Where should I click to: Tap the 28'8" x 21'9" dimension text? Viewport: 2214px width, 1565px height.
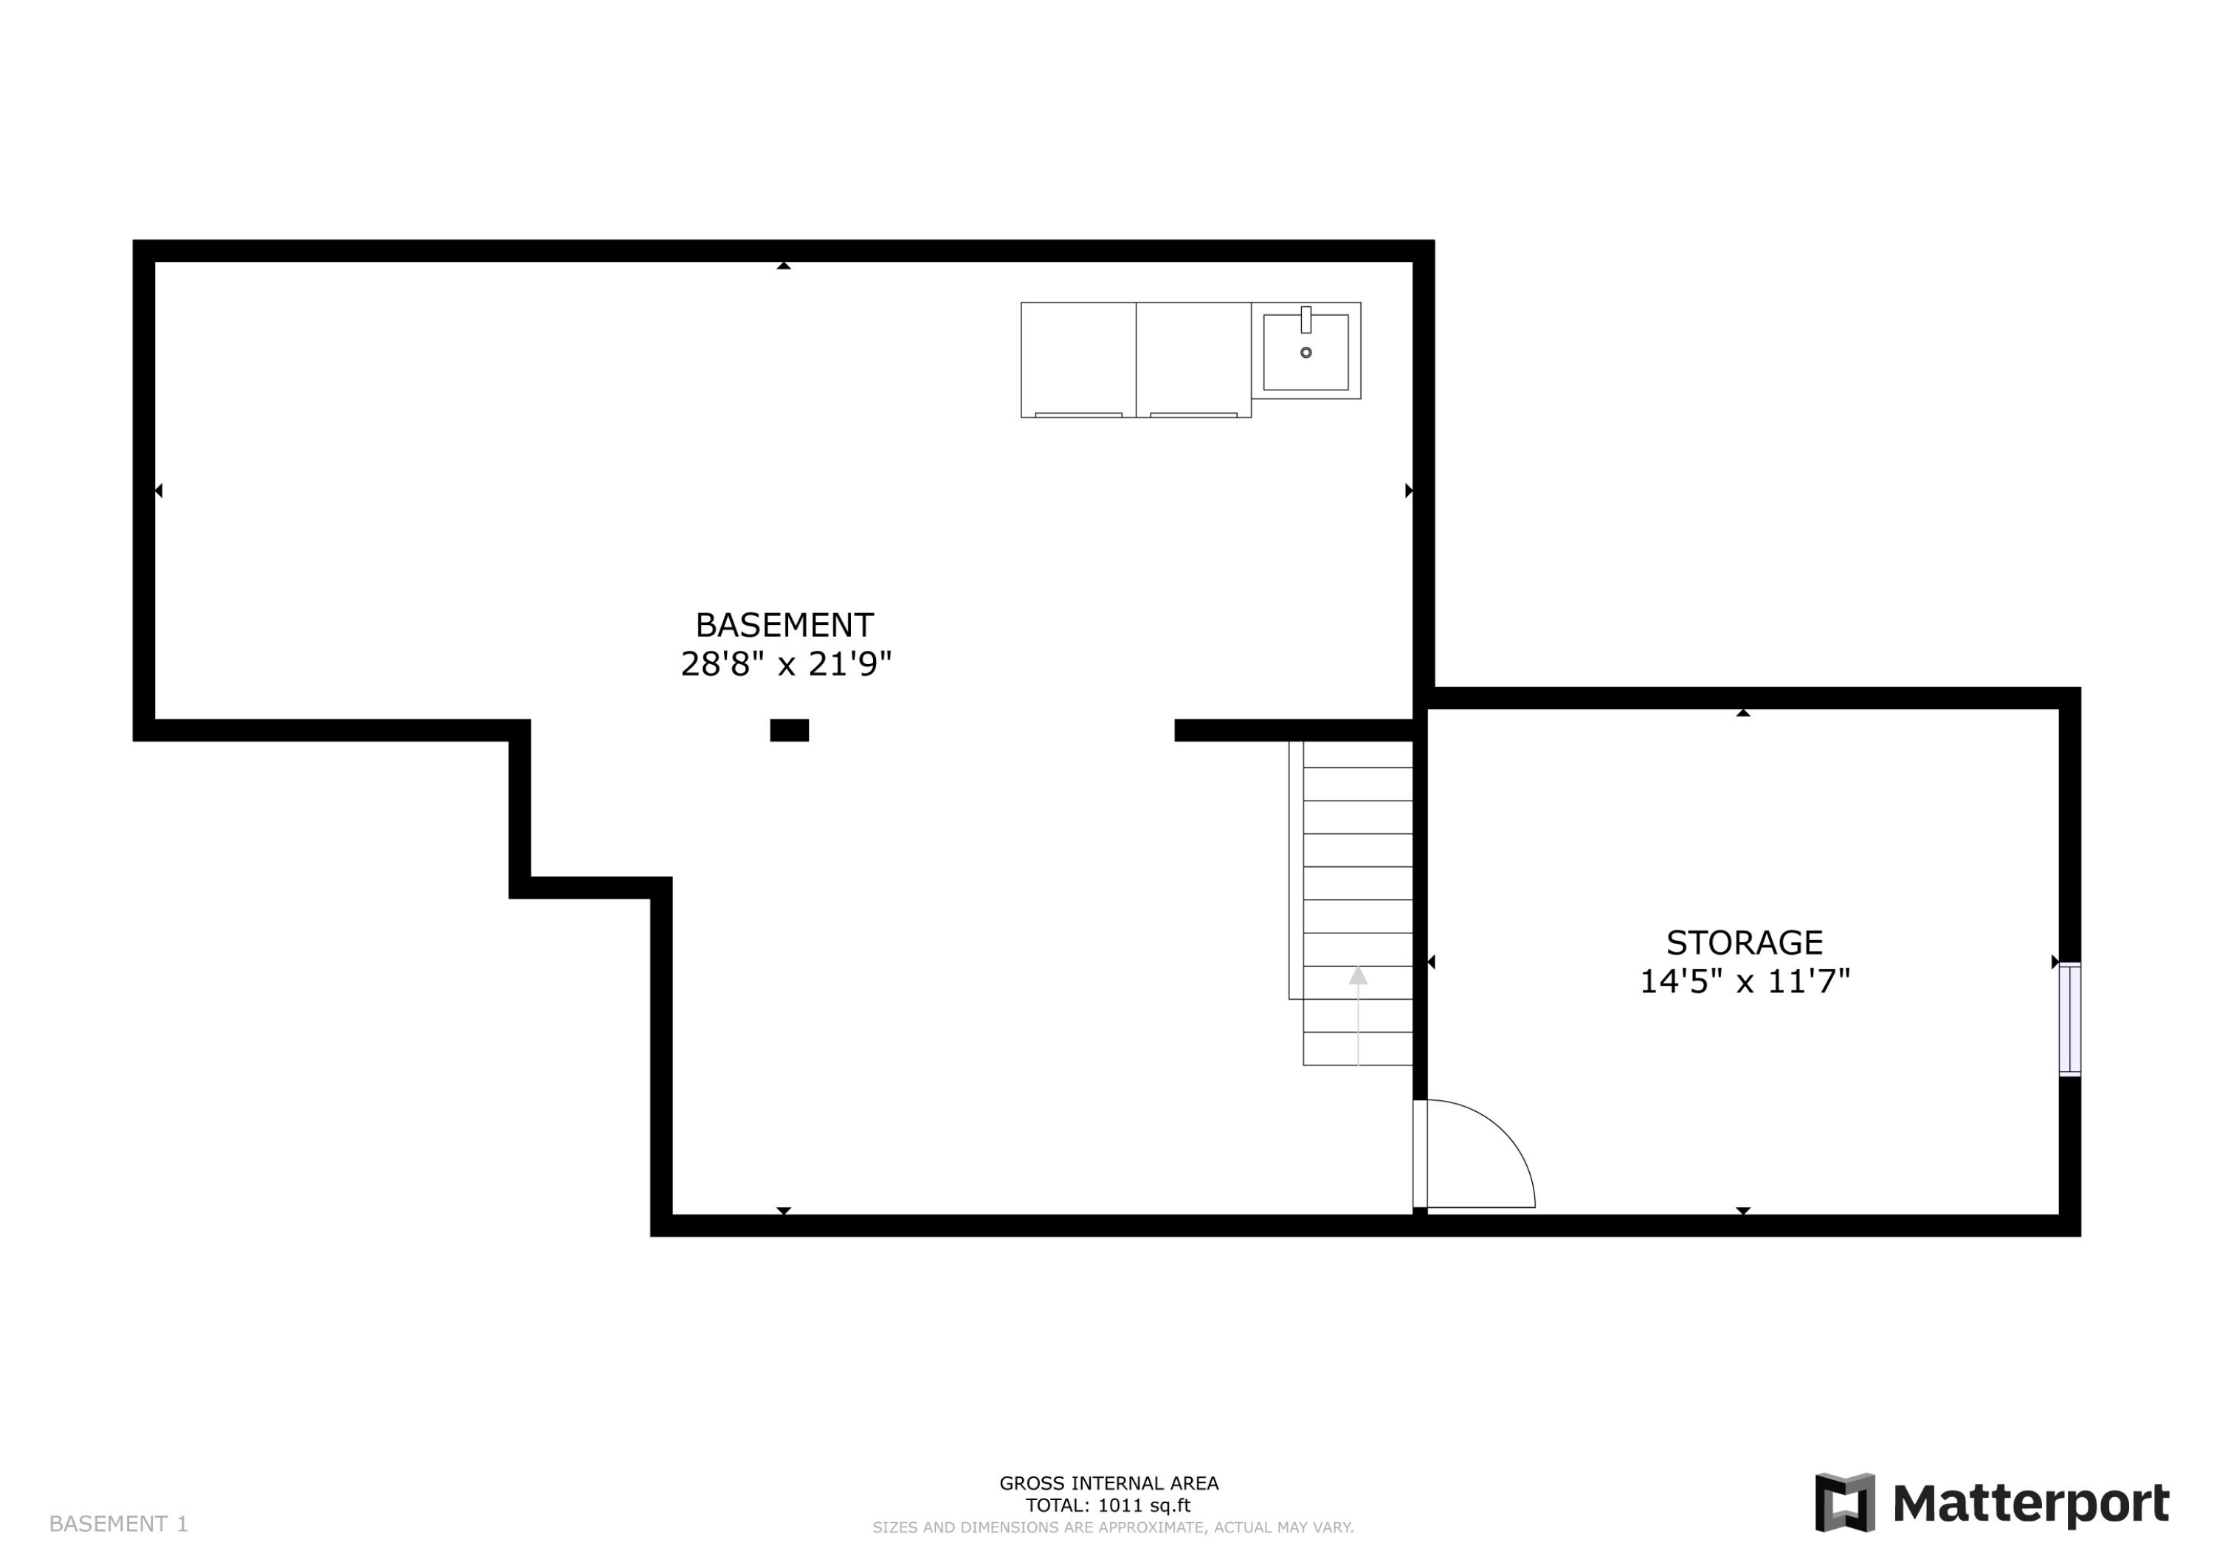[x=786, y=664]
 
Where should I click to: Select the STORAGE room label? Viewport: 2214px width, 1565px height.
[x=1745, y=942]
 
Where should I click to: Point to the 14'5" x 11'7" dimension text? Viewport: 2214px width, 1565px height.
[x=1745, y=981]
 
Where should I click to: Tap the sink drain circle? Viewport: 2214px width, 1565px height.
[x=1306, y=353]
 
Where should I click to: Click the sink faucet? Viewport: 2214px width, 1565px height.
[x=1306, y=319]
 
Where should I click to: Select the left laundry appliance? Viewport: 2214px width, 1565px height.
[x=1078, y=359]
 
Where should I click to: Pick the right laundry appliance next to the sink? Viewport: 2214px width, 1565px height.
[x=1194, y=359]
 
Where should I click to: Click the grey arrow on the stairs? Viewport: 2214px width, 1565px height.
[x=1358, y=976]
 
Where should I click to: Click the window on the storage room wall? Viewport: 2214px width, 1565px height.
[x=2069, y=1019]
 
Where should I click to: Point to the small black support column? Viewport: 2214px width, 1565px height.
[x=789, y=730]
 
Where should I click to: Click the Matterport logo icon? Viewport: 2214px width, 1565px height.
[x=1845, y=1502]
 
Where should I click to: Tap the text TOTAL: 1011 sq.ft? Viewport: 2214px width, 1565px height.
[x=1108, y=1505]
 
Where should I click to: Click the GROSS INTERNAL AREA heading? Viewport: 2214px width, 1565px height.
[x=1108, y=1484]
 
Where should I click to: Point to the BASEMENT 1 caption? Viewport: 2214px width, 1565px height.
[x=119, y=1524]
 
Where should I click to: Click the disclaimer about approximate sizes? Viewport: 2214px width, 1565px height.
[x=1113, y=1527]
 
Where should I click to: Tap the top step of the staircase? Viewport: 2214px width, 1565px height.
[x=1358, y=754]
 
